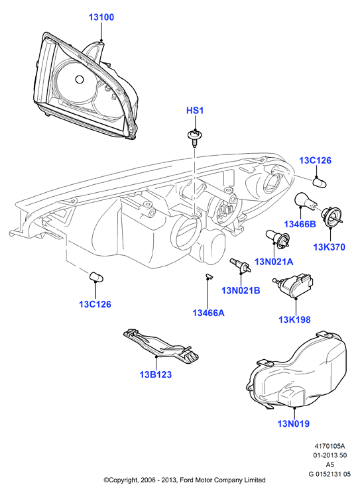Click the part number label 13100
click(x=101, y=17)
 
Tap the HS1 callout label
click(x=195, y=111)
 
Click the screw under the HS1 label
click(x=194, y=138)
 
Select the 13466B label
click(x=300, y=224)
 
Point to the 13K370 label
click(x=329, y=247)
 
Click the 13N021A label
click(x=274, y=262)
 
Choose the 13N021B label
click(x=241, y=290)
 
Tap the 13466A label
click(x=208, y=313)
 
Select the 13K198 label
click(x=294, y=319)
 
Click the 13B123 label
click(x=156, y=374)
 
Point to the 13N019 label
click(x=293, y=423)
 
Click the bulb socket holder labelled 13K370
click(x=330, y=216)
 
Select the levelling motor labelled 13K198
click(x=293, y=285)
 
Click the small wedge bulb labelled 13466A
click(x=208, y=276)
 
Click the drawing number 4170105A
click(x=330, y=447)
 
